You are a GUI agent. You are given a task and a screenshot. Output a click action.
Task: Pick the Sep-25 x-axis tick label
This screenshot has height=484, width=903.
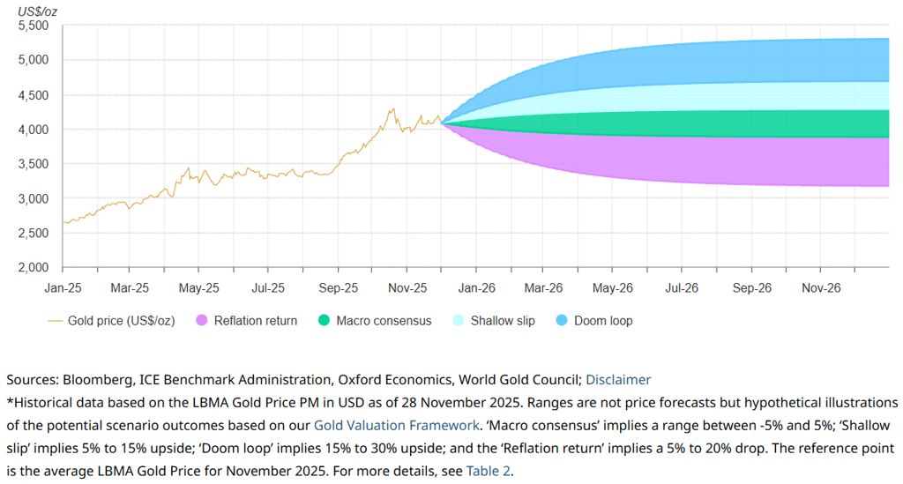coord(338,288)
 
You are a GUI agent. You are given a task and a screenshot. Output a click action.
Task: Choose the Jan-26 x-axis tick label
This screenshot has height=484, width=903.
coord(475,288)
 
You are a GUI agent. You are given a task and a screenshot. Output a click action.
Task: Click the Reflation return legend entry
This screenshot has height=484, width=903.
coord(257,321)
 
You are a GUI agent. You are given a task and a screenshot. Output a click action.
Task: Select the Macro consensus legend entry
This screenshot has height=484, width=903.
coord(384,321)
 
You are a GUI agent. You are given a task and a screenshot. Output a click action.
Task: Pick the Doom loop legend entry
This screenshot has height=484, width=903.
coord(603,321)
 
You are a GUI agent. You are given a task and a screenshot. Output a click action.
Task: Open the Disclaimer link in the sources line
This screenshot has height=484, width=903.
coord(618,380)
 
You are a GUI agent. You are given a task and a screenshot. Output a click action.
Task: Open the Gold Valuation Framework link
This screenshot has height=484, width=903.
coord(396,425)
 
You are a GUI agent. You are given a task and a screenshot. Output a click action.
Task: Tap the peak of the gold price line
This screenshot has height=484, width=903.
coord(392,108)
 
